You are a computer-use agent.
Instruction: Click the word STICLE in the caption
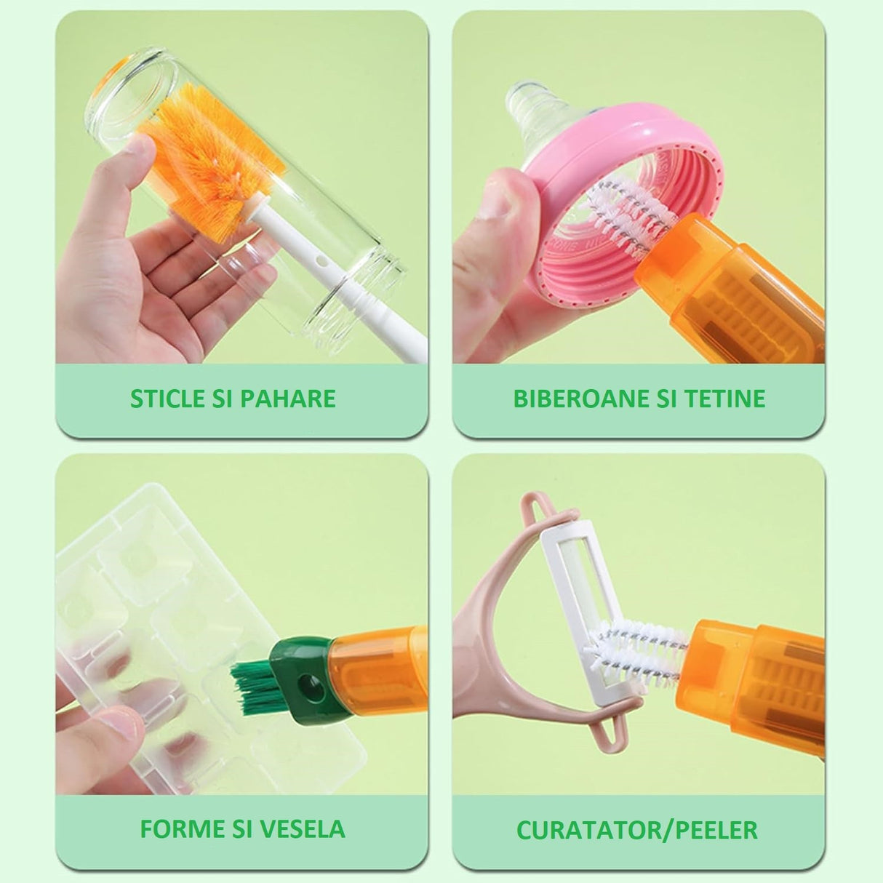tap(167, 399)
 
